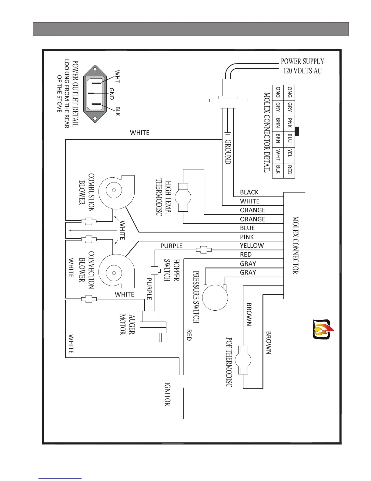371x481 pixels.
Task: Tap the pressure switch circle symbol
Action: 215,298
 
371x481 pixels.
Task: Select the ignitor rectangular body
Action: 181,381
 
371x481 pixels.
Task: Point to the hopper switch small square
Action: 155,270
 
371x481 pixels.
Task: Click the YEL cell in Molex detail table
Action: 289,155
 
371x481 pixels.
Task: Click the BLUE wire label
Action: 247,228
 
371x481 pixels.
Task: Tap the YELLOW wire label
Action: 252,245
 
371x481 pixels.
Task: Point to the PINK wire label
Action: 247,237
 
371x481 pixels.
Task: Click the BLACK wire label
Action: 249,192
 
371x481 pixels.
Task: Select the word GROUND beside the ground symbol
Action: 228,152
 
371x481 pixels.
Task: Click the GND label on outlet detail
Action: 112,94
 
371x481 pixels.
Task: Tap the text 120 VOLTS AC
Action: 302,71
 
